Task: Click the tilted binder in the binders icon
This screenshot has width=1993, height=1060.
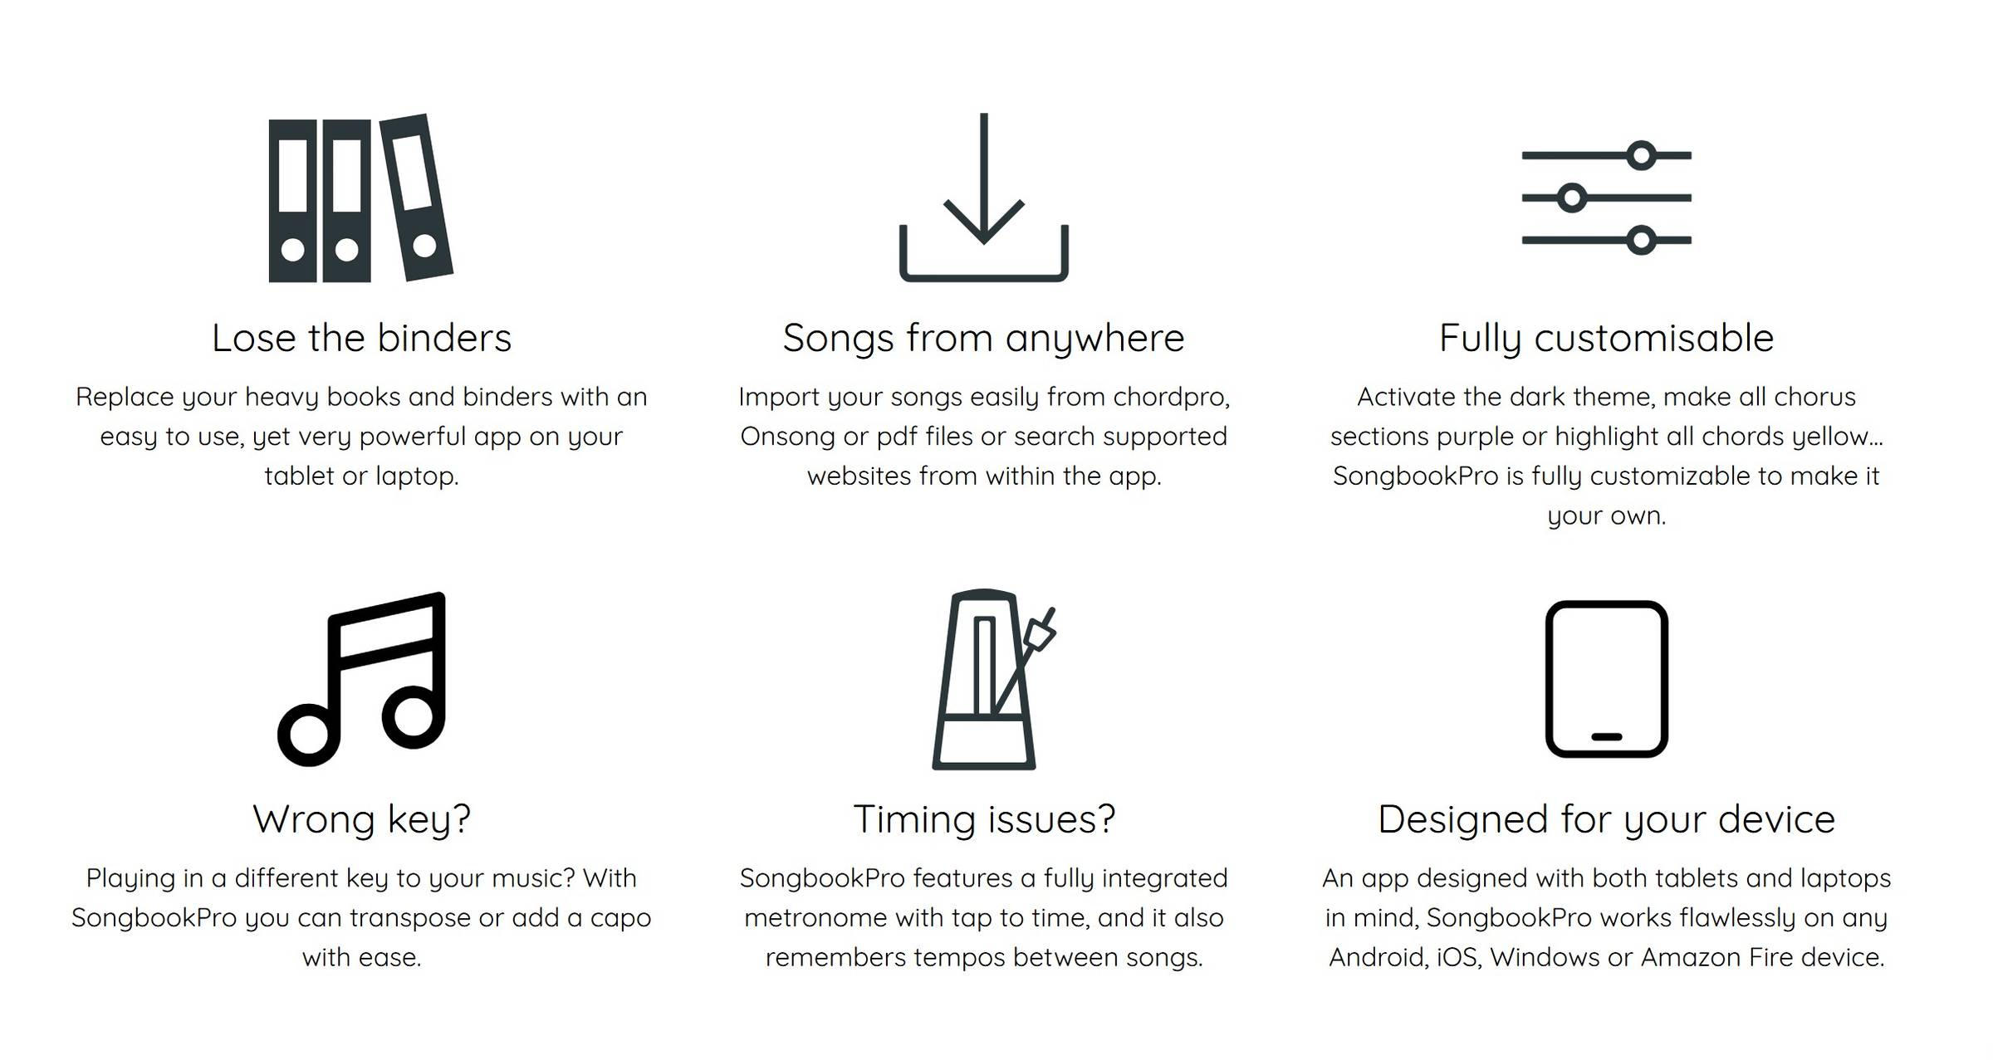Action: (416, 198)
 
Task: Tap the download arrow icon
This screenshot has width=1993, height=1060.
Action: (983, 198)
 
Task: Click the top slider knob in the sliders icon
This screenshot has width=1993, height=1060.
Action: (1641, 155)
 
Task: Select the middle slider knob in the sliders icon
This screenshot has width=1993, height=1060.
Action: (1571, 198)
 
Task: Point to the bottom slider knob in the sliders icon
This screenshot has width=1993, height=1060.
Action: (1641, 241)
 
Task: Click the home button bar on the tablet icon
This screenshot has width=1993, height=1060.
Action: (1606, 736)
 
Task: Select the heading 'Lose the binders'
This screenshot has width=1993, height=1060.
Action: (361, 338)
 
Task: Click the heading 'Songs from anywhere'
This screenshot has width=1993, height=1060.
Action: (983, 339)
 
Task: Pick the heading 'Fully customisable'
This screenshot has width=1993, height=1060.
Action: (1606, 339)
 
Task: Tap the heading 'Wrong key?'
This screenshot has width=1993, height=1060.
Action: (361, 820)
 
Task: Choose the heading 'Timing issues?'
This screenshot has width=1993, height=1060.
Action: (984, 819)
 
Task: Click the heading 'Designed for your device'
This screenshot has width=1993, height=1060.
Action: (1606, 820)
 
